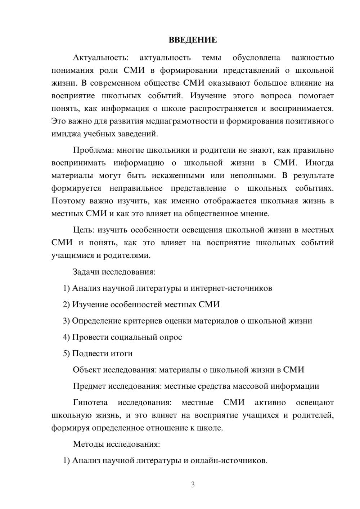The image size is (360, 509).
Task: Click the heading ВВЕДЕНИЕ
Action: point(193,40)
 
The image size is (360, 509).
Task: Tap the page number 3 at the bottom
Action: point(193,485)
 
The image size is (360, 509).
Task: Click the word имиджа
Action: point(66,134)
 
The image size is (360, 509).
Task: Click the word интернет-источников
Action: point(231,288)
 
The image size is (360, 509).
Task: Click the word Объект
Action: point(87,370)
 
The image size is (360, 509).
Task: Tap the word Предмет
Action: point(89,386)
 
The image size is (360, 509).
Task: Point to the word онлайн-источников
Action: point(229,460)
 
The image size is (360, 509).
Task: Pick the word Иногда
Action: point(319,163)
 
